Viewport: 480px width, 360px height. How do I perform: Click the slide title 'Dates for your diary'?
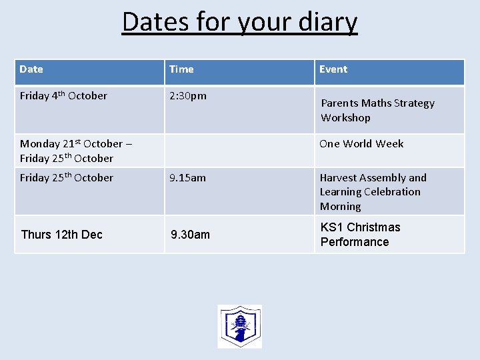point(240,22)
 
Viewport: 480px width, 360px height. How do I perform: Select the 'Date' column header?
point(31,69)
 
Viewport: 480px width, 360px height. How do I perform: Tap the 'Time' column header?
point(181,69)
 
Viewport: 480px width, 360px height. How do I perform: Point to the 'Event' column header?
point(333,69)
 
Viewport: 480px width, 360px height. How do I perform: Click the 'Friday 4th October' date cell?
point(63,96)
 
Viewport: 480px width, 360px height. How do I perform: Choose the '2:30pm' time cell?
point(188,96)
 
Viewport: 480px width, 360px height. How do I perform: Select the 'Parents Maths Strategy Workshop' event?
point(377,111)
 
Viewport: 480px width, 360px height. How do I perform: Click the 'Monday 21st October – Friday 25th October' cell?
point(71,151)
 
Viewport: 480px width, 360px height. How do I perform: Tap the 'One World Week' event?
point(361,144)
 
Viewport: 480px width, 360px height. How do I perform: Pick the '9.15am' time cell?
point(188,178)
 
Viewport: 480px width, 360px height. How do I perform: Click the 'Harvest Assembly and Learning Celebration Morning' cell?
point(373,192)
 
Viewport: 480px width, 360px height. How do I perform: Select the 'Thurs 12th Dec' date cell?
point(62,235)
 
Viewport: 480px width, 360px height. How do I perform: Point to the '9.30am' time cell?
point(191,235)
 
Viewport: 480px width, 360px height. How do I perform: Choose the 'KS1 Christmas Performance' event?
point(360,235)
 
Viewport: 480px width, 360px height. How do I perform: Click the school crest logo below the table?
point(239,327)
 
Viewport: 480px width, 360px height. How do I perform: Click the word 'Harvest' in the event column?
point(340,178)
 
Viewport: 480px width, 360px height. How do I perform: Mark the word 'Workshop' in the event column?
point(345,118)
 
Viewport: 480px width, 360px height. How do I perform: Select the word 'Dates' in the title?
point(155,22)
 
